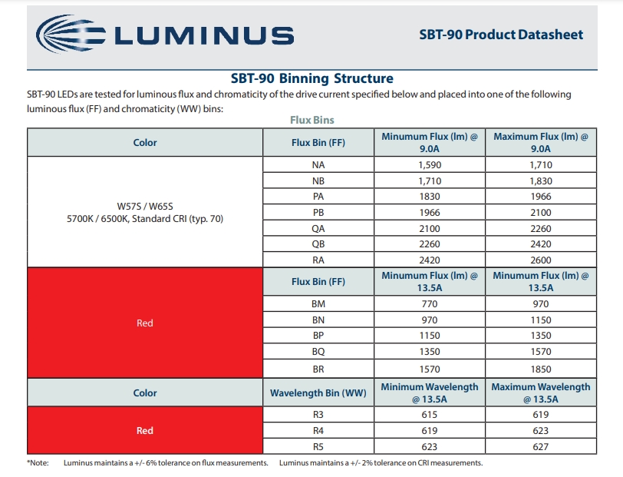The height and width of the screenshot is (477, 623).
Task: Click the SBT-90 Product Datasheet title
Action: click(x=501, y=35)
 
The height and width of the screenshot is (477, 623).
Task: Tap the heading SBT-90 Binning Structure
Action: click(x=312, y=78)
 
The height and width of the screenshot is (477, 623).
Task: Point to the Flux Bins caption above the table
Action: click(x=312, y=120)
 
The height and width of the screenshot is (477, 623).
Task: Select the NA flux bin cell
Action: click(x=318, y=164)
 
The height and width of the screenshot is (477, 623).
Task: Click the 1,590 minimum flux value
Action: click(x=430, y=164)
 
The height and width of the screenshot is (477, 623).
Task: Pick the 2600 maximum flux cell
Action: click(x=541, y=260)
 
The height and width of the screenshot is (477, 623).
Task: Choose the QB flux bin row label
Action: click(x=318, y=244)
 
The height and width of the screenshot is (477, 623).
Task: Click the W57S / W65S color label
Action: click(x=145, y=207)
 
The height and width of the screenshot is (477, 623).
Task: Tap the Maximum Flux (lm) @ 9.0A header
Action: click(x=541, y=142)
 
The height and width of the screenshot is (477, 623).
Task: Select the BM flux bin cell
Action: click(x=318, y=304)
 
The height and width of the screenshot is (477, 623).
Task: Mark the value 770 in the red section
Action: click(x=430, y=304)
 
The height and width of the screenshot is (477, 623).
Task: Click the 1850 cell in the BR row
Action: click(x=541, y=369)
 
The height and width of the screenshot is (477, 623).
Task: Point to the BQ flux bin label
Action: click(x=318, y=352)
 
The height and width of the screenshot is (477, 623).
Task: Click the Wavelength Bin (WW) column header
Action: click(x=318, y=393)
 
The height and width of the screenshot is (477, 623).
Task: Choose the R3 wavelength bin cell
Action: click(x=318, y=415)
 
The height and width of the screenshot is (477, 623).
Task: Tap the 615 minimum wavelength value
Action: click(x=430, y=415)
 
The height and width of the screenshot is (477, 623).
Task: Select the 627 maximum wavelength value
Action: click(x=541, y=447)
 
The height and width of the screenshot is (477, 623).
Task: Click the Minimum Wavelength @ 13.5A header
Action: click(x=430, y=393)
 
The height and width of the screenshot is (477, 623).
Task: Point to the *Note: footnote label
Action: click(x=38, y=463)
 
